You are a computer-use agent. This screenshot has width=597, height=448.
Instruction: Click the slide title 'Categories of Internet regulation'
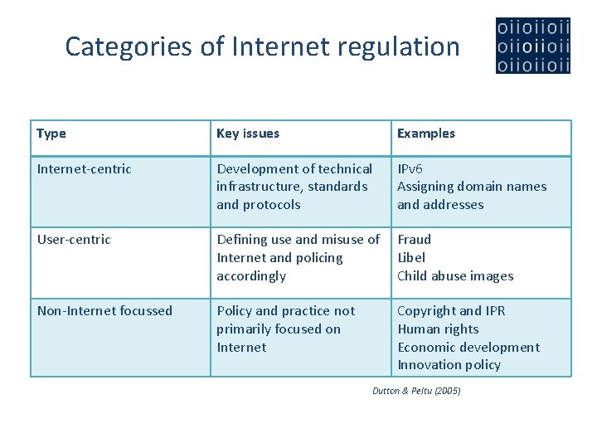[262, 46]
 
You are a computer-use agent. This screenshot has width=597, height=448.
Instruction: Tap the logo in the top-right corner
[533, 46]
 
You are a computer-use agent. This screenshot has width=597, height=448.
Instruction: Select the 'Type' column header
[51, 134]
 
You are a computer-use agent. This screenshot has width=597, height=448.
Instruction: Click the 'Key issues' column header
[248, 134]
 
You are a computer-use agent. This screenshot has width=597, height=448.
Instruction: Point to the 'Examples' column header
[426, 134]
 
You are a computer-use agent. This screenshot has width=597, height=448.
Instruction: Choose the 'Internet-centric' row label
[84, 169]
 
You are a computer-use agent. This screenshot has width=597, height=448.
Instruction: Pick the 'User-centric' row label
[74, 240]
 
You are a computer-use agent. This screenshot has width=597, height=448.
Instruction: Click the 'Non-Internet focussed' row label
[104, 311]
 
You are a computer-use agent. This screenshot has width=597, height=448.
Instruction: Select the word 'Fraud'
[414, 240]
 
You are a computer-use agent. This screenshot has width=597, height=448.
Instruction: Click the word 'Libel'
[411, 258]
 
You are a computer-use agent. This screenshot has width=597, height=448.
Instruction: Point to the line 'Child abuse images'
[455, 276]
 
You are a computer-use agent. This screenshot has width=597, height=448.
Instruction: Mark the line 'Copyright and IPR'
[451, 311]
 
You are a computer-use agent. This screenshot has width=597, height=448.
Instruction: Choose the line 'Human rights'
[438, 329]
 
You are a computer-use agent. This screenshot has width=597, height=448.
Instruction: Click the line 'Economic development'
[468, 348]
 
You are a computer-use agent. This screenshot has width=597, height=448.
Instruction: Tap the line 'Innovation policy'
[449, 365]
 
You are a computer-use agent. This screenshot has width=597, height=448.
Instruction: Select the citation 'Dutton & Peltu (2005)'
[416, 391]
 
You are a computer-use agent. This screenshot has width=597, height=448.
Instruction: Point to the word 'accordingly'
[251, 276]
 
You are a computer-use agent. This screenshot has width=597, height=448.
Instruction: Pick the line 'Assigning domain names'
[472, 187]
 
